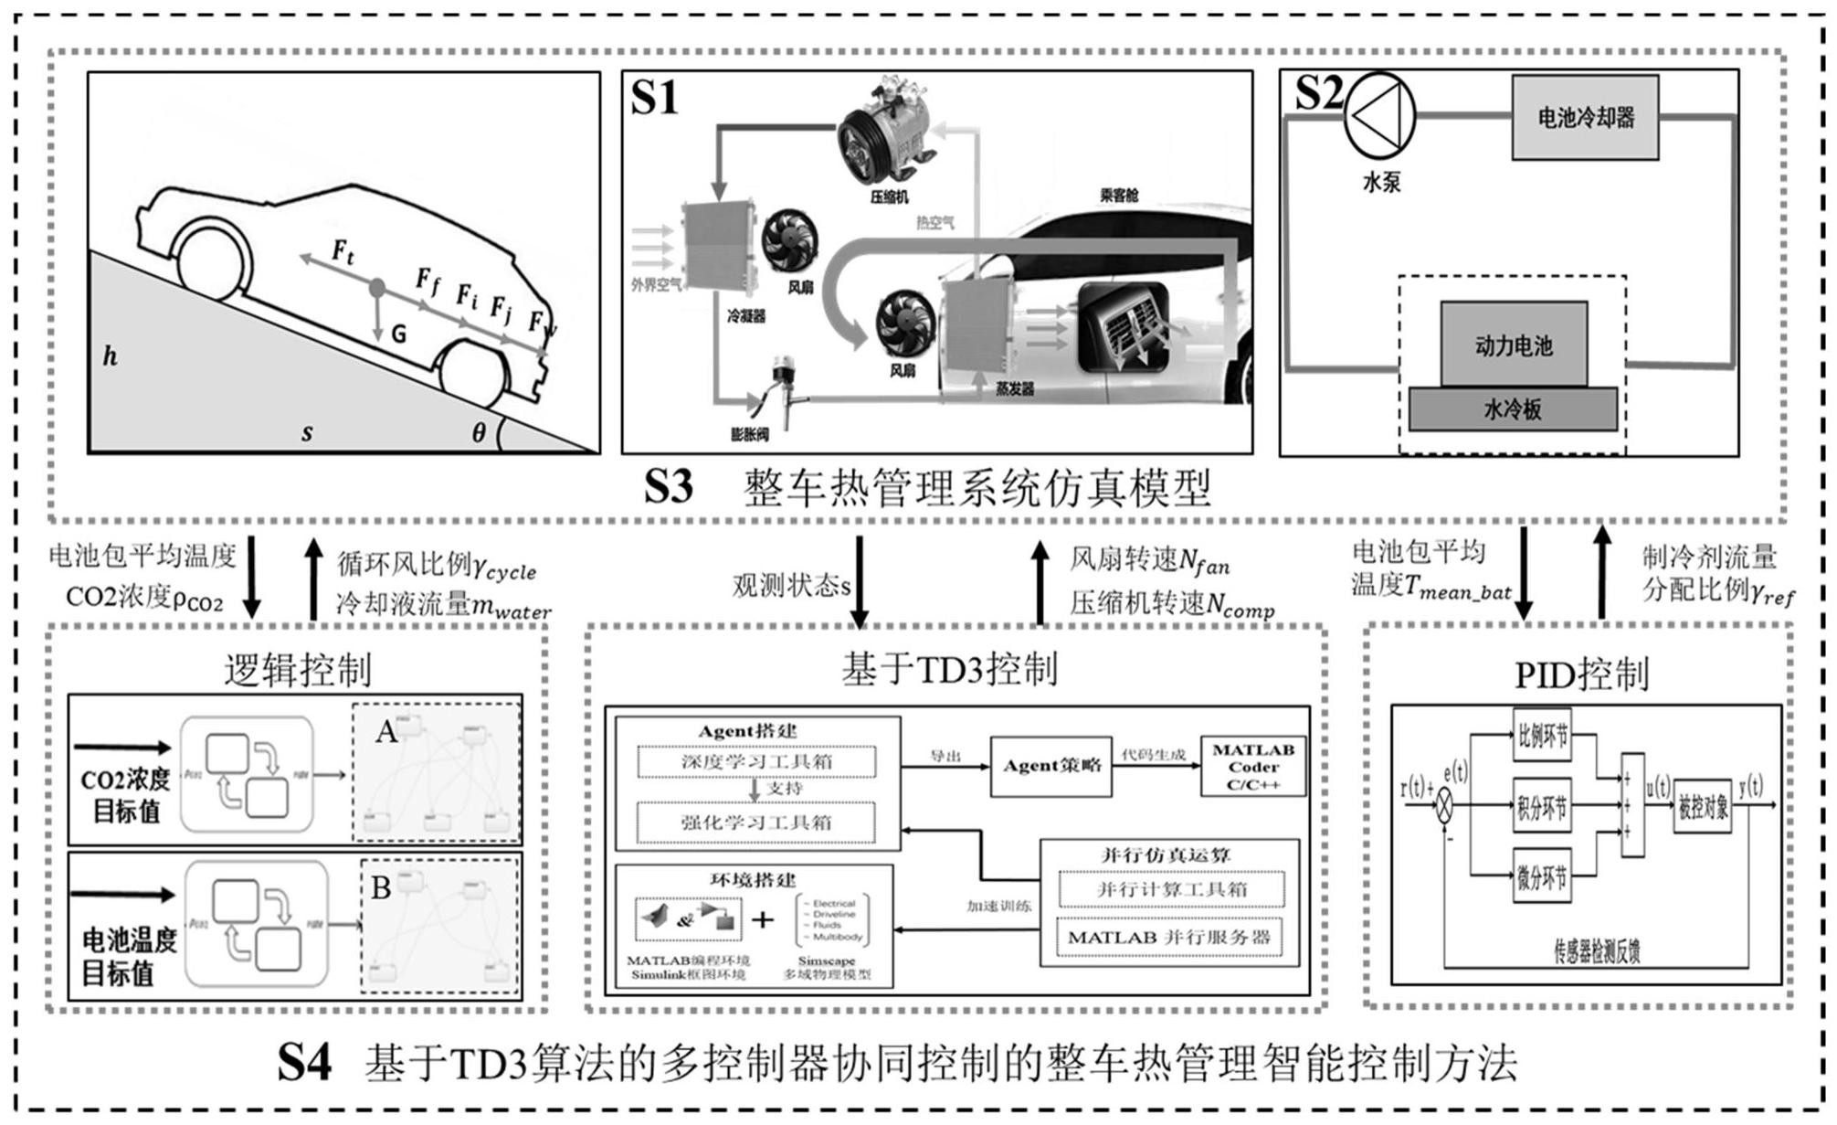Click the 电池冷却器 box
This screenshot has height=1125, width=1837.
coord(1584,118)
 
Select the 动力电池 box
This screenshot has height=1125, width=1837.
coord(1514,345)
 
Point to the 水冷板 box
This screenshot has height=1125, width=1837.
coord(1513,409)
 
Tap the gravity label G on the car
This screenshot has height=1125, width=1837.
coord(398,334)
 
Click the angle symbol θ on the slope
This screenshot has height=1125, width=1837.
coord(479,432)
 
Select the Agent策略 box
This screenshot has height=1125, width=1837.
coord(1051,766)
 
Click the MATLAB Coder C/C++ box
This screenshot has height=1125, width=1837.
coord(1253,767)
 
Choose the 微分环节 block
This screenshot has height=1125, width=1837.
coord(1543,877)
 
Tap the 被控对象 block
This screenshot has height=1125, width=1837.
coord(1703,807)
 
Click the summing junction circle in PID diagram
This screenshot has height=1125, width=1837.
coord(1444,807)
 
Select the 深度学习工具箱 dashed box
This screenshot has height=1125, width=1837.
coord(755,761)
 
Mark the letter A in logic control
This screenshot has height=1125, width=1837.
coord(385,732)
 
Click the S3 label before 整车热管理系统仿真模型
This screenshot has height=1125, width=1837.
coord(668,487)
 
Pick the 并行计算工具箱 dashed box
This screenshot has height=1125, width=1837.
coord(1171,888)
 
